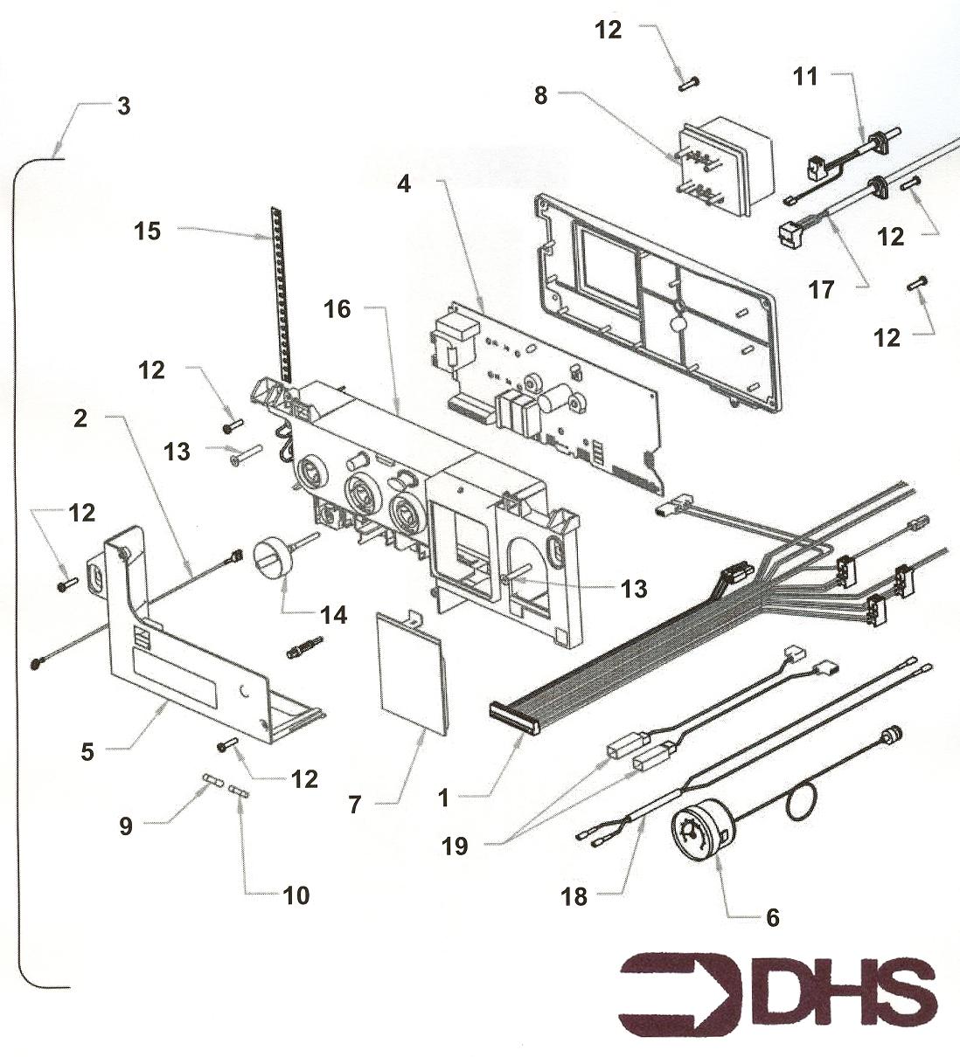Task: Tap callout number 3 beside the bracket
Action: (123, 107)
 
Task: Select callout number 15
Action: (149, 231)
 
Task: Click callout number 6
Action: (772, 917)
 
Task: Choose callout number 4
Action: (403, 184)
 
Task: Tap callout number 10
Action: (296, 895)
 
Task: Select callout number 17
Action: (821, 289)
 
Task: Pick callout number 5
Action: (87, 751)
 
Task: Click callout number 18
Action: (574, 897)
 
